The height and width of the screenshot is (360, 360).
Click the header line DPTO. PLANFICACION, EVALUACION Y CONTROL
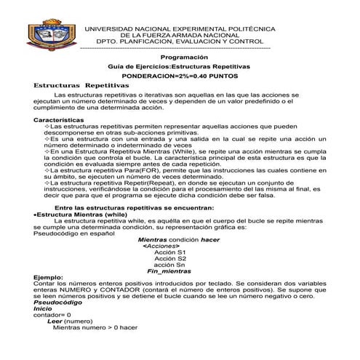[179, 41]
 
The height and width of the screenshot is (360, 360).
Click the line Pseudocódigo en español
[70, 235]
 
